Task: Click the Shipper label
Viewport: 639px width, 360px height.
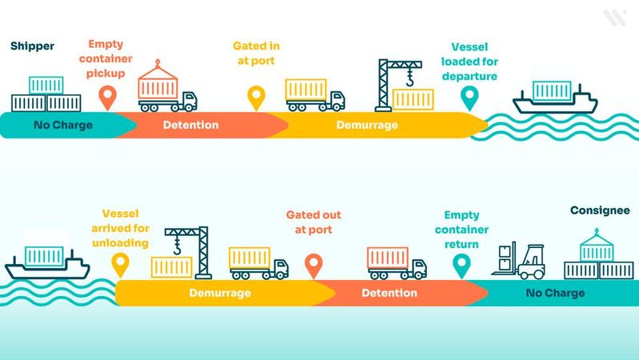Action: pos(32,46)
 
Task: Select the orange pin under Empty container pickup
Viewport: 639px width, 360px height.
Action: pos(106,98)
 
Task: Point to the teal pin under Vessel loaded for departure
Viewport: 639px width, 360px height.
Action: pos(470,98)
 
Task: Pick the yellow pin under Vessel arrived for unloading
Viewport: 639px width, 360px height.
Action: pos(121,265)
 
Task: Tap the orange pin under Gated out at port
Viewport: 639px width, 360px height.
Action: pos(314,265)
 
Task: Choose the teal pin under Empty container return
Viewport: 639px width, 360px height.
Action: pos(461,265)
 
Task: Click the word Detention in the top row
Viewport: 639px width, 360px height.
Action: pos(190,125)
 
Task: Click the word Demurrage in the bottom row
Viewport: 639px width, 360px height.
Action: pos(220,293)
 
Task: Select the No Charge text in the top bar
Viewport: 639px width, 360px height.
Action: pos(62,125)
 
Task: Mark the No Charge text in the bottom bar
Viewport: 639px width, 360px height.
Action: pos(555,293)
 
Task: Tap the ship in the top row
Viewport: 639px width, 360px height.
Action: pos(555,98)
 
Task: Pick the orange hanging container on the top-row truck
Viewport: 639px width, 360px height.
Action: pos(158,84)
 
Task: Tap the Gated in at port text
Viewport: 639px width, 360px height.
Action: pos(256,53)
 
